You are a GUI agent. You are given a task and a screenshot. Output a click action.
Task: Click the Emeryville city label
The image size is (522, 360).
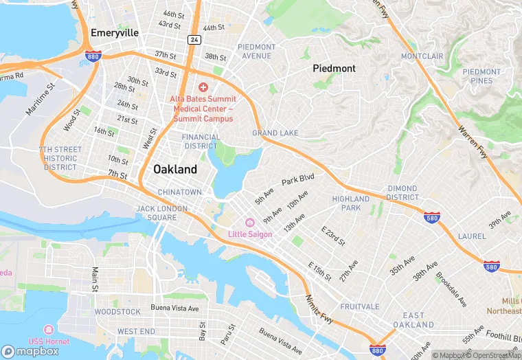coord(115,32)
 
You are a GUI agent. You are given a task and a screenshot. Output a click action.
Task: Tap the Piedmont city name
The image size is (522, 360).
coord(334,68)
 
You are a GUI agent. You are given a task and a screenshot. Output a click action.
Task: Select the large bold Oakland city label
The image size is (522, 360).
coord(174,169)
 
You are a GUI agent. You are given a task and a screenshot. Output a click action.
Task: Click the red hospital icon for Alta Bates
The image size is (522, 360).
coord(203,87)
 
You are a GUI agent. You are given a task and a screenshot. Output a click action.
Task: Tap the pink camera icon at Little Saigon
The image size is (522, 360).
coord(250,222)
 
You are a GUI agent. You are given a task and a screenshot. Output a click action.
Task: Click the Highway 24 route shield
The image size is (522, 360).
coord(195,40)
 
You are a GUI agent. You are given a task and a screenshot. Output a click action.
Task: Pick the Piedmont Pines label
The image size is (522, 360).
coord(481,76)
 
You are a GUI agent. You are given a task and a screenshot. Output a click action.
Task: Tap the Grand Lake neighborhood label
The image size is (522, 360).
coord(275,133)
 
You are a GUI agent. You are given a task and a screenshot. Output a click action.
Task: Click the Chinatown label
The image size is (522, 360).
coord(179,192)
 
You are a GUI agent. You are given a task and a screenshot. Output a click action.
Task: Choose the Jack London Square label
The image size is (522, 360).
coord(157,213)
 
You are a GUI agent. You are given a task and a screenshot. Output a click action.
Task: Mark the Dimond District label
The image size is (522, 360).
coord(401,193)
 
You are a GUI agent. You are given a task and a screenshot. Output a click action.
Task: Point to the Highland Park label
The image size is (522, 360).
coord(351,203)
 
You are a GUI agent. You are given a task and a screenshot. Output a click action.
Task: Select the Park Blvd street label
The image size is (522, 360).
coord(297,179)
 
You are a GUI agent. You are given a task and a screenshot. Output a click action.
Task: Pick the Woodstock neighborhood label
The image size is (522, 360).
coord(117,311)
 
